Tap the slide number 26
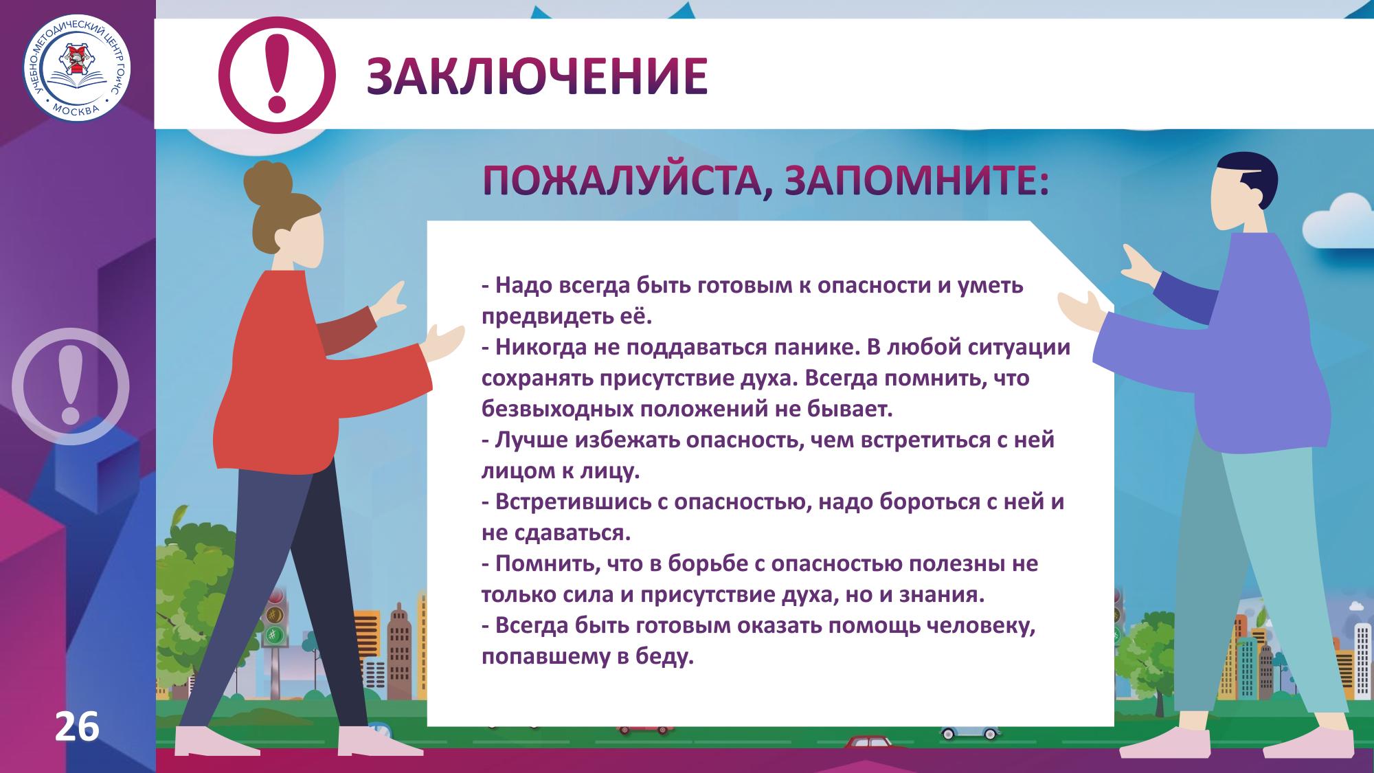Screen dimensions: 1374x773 [77, 728]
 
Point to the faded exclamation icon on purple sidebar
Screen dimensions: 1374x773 [71, 387]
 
